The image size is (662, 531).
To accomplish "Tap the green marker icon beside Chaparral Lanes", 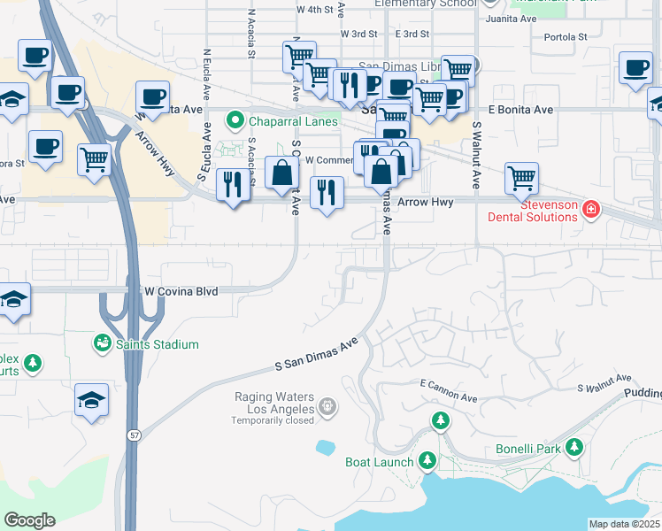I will (235, 119).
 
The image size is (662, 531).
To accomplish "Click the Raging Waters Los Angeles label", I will (273, 403).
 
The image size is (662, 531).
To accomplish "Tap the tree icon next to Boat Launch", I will (427, 460).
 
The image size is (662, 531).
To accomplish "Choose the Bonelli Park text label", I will (528, 449).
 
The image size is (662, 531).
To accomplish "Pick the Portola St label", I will (566, 37).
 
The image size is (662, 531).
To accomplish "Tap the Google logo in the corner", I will (30, 520).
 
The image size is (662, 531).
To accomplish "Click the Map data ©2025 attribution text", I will (623, 524).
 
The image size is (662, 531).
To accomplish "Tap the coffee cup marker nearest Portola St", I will (635, 68).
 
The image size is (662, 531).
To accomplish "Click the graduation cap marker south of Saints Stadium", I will (92, 401).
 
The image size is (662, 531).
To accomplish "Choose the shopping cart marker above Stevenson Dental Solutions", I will (522, 177).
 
